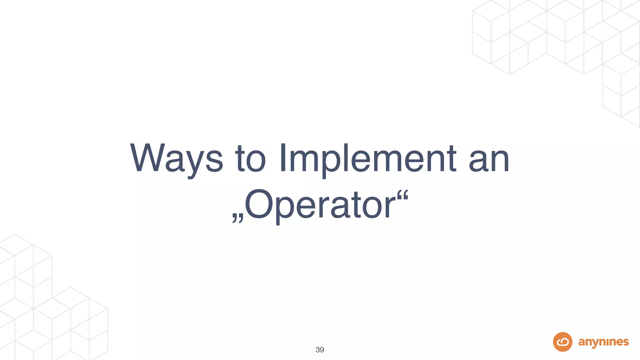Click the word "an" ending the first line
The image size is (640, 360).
[489, 159]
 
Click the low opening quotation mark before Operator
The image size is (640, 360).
[237, 218]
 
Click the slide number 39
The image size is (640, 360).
[320, 350]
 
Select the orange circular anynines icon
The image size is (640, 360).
[562, 342]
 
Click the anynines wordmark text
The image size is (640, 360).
[603, 342]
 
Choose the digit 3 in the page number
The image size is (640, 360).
[317, 350]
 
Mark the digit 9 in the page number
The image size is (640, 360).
[322, 350]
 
